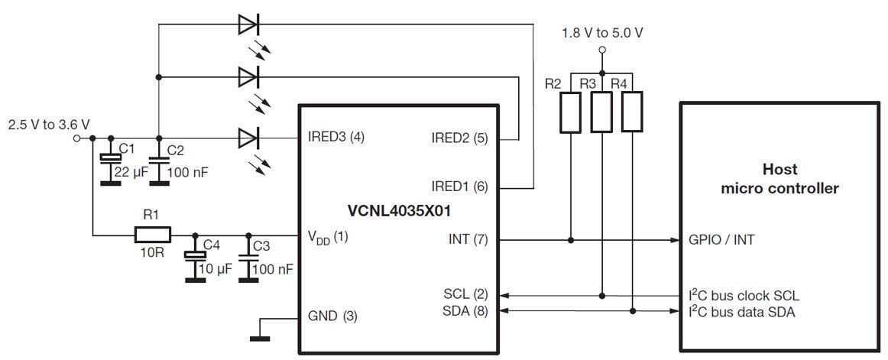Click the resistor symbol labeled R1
pyautogui.click(x=152, y=234)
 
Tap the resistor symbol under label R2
pyautogui.click(x=572, y=112)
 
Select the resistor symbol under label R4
pyautogui.click(x=632, y=112)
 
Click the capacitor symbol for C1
pyautogui.click(x=112, y=158)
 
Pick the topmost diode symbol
pyautogui.click(x=248, y=24)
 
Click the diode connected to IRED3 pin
pyautogui.click(x=248, y=138)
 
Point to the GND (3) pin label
pyautogui.click(x=332, y=316)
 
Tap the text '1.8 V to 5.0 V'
pyautogui.click(x=601, y=33)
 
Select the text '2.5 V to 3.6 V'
pyautogui.click(x=49, y=124)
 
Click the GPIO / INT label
pyautogui.click(x=721, y=239)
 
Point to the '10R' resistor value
pyautogui.click(x=152, y=252)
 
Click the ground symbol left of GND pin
pyautogui.click(x=261, y=335)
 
